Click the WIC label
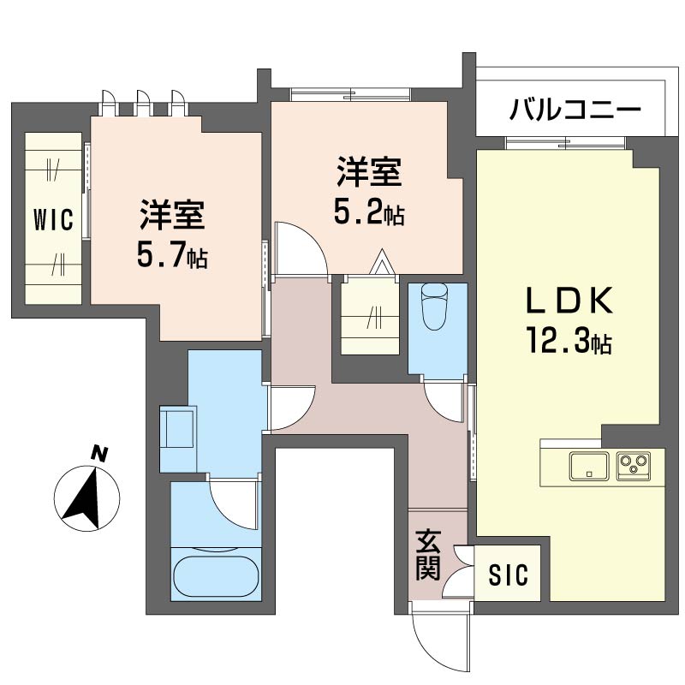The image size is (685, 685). pyautogui.click(x=53, y=220)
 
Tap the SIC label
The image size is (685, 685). pyautogui.click(x=508, y=575)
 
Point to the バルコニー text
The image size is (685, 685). pyautogui.click(x=575, y=110)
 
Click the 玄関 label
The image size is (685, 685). pyautogui.click(x=428, y=556)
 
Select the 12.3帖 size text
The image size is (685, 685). pyautogui.click(x=569, y=341)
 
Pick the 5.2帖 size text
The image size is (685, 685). pyautogui.click(x=369, y=213)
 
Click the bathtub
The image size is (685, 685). pyautogui.click(x=217, y=574)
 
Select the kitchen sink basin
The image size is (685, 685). pyautogui.click(x=588, y=467)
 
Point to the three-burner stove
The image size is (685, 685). pyautogui.click(x=633, y=466)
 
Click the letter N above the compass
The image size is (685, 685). pyautogui.click(x=98, y=454)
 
